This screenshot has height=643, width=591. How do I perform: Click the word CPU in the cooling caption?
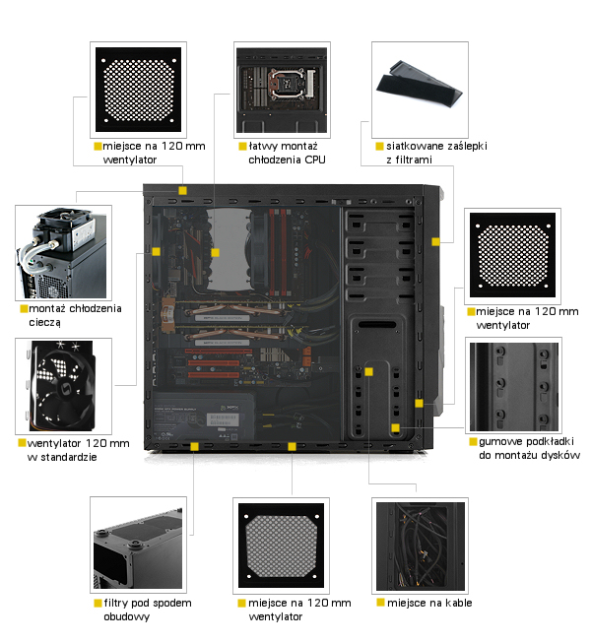(x=315, y=160)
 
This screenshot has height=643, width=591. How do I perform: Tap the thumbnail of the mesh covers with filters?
(x=420, y=90)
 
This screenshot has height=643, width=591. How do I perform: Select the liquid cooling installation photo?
(x=64, y=253)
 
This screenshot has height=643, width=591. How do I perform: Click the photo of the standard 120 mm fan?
(x=64, y=386)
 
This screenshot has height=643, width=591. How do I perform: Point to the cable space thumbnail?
(x=420, y=547)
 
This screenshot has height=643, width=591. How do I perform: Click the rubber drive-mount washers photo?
(x=513, y=385)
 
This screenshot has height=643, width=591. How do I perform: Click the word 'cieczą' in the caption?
(x=44, y=323)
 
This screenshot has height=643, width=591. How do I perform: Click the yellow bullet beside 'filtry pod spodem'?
(x=98, y=603)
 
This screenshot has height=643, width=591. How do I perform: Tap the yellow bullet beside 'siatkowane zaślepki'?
(x=379, y=147)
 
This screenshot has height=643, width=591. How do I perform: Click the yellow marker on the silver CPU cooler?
(x=216, y=253)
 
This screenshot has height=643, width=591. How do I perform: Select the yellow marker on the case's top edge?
(x=182, y=191)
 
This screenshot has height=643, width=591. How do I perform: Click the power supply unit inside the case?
(x=204, y=417)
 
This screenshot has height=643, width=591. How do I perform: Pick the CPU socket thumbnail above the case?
(x=282, y=90)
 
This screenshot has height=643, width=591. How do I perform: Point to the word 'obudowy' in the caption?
(x=127, y=616)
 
